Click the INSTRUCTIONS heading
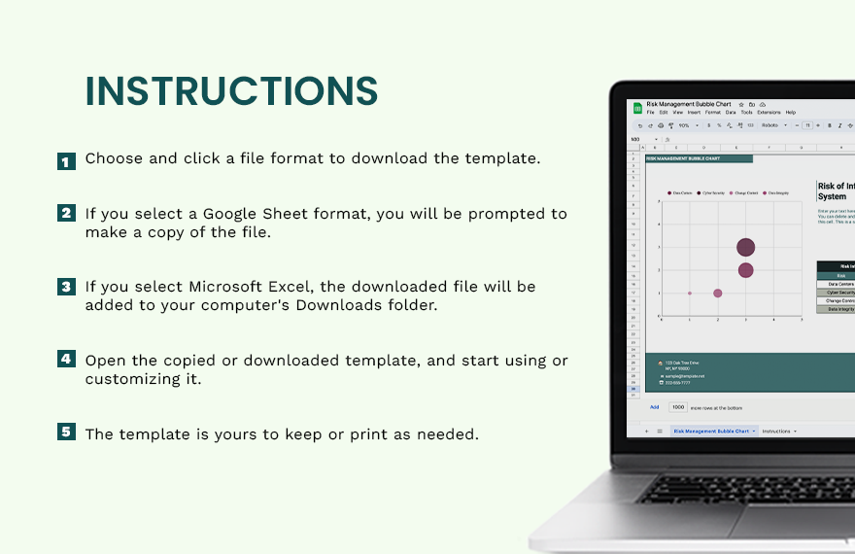tap(231, 91)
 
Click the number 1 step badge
tap(66, 161)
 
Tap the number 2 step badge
tap(66, 214)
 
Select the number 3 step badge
tap(66, 287)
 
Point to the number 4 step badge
tap(66, 360)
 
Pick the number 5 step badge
tap(66, 432)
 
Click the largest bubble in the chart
tap(745, 248)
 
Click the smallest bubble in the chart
tap(690, 293)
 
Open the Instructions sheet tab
tap(777, 431)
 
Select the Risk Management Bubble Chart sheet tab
tap(711, 431)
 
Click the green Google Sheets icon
tap(638, 108)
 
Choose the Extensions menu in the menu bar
tap(769, 113)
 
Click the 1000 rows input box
tap(678, 407)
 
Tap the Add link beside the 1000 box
tap(655, 407)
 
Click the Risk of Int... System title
tap(836, 190)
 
